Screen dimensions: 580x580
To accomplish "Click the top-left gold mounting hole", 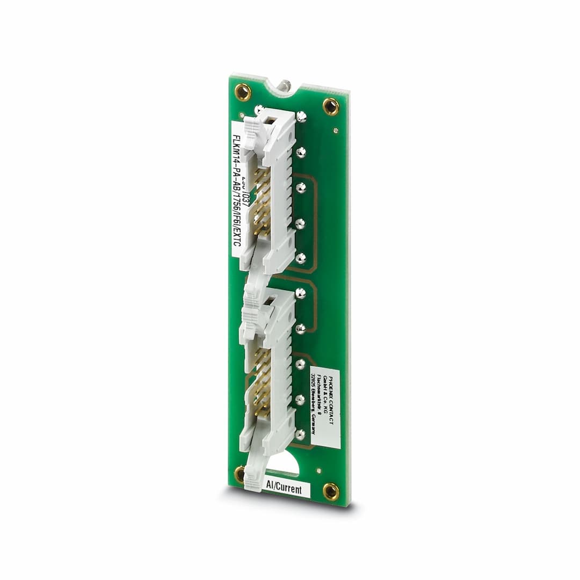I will click(x=243, y=92).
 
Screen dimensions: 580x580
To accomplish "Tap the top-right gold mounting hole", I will click(x=331, y=106).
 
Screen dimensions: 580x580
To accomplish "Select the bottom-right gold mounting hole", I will click(x=331, y=491).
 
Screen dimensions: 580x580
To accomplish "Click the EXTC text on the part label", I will click(x=236, y=238).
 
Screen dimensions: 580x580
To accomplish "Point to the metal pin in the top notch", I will click(x=284, y=85).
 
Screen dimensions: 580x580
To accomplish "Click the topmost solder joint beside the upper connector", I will click(x=301, y=115).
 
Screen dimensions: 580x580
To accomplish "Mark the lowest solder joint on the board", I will click(x=300, y=433).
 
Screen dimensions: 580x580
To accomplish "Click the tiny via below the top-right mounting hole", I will click(x=336, y=130).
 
